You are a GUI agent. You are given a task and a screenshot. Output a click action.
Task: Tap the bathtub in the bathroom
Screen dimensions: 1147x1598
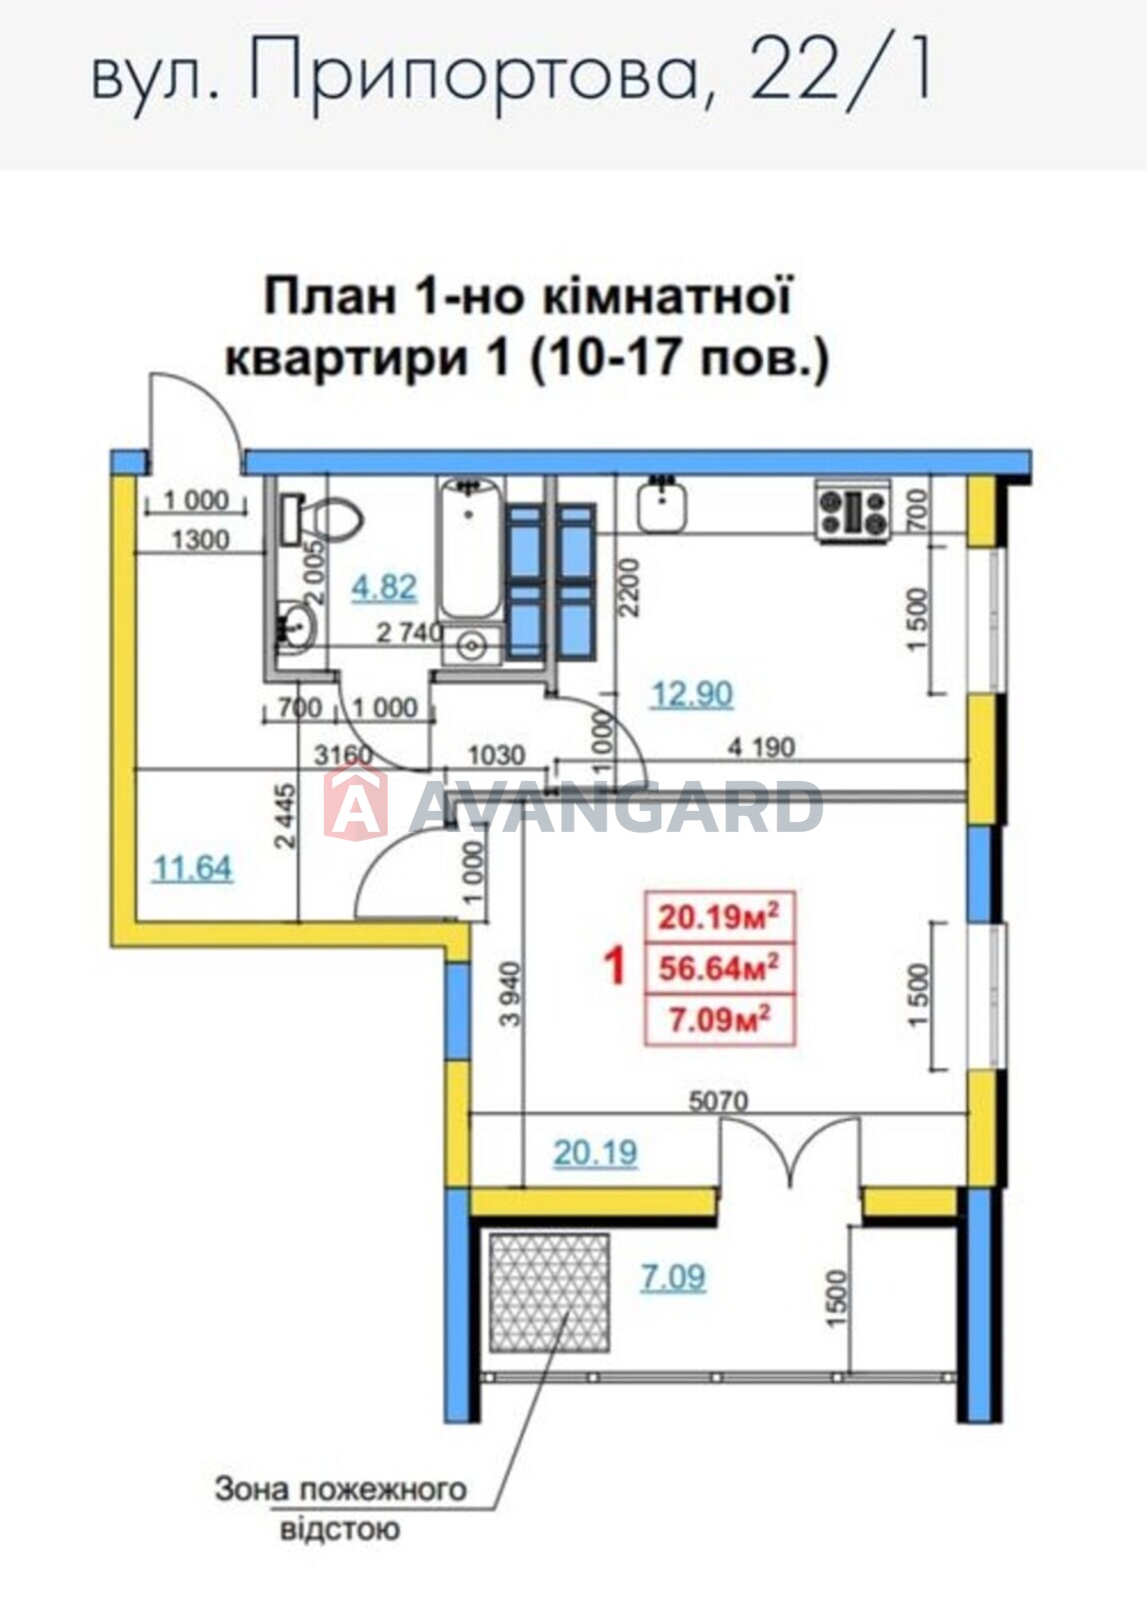click(x=470, y=548)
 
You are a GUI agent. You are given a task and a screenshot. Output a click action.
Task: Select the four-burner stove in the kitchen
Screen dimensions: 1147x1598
click(x=853, y=510)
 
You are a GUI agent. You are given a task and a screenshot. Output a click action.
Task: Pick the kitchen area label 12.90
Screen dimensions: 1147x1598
click(x=691, y=694)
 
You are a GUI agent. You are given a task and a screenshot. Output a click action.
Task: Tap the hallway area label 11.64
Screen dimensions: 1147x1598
click(x=193, y=869)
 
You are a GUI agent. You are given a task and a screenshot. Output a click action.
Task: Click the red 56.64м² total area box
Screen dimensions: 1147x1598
click(x=719, y=968)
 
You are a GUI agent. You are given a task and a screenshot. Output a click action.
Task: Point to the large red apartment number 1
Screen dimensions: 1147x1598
click(x=614, y=967)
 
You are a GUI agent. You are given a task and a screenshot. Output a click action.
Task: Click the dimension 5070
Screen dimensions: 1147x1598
click(x=718, y=1102)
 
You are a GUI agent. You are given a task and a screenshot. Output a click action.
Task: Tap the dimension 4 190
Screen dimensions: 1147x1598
click(x=761, y=747)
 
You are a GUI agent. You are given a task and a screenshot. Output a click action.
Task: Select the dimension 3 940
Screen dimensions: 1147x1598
click(x=511, y=994)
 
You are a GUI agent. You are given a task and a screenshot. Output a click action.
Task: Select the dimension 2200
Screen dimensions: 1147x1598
click(x=631, y=586)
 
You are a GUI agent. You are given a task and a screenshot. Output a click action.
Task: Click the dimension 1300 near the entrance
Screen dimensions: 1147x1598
click(x=201, y=540)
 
